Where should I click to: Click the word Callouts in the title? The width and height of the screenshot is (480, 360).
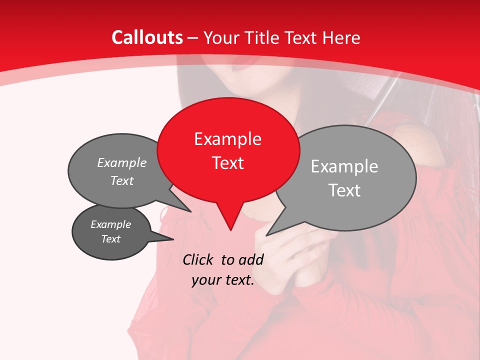pos(147,37)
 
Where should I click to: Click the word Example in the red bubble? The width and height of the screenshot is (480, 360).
pos(227,139)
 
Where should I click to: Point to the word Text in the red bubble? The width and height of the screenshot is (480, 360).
pos(227,163)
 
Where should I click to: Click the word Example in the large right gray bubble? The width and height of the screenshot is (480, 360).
pos(344,166)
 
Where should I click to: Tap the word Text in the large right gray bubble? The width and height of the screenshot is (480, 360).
pos(344,190)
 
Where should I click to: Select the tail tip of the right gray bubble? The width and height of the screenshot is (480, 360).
pos(267,234)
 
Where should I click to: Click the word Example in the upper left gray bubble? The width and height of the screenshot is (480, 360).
pos(121,162)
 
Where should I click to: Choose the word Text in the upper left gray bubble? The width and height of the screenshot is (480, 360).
pos(121,180)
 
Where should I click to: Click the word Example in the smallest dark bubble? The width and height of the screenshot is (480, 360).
pos(110,224)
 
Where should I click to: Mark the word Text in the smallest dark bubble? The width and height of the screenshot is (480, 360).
pos(110,239)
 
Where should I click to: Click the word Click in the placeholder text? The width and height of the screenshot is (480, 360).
pos(198,259)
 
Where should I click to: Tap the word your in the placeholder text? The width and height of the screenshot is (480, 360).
pos(206,280)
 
